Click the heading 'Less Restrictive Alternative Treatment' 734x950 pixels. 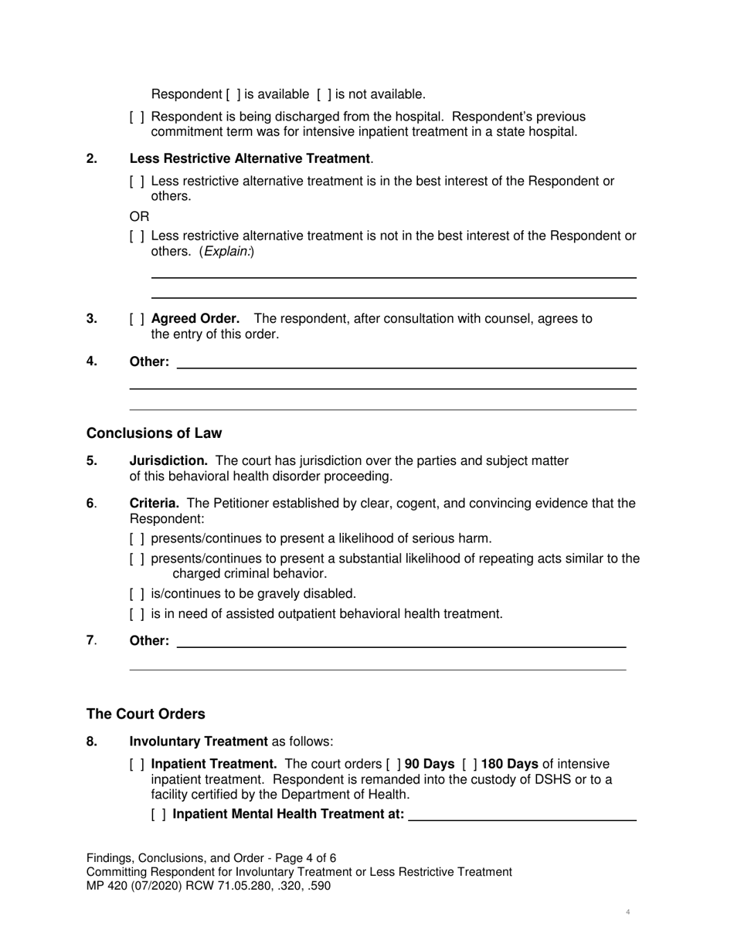click(250, 158)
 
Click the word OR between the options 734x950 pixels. click(139, 216)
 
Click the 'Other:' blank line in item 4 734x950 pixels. click(406, 362)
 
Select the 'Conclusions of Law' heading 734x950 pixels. click(154, 433)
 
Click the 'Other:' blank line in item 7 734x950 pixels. click(401, 641)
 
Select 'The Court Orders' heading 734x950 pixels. click(146, 714)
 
